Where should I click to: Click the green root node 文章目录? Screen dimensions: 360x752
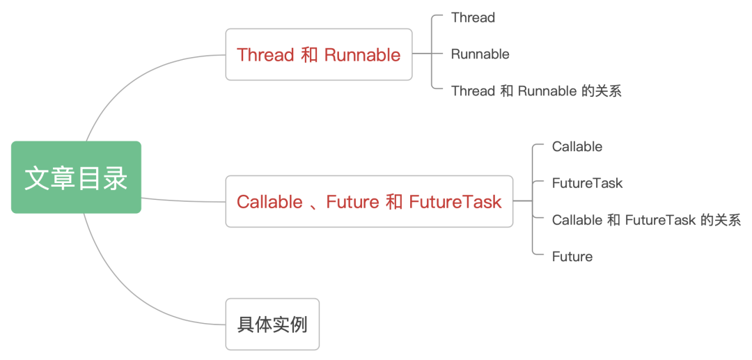click(x=76, y=178)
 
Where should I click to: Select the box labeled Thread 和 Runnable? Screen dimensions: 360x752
click(x=318, y=54)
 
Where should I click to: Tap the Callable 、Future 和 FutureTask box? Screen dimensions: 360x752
click(x=369, y=201)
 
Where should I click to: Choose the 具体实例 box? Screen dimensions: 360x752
click(x=272, y=324)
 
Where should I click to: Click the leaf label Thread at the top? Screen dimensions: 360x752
click(x=473, y=17)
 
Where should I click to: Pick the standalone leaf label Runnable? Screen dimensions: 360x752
click(x=480, y=54)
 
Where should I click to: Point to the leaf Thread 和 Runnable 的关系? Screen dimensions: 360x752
click(x=535, y=91)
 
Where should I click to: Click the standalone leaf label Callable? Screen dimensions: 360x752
click(x=577, y=146)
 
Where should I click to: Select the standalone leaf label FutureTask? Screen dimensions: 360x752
click(x=587, y=183)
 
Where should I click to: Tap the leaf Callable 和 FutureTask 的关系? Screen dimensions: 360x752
click(x=645, y=220)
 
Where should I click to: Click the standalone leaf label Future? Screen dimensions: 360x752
click(x=572, y=256)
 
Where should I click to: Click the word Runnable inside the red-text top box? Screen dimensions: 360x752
click(x=362, y=55)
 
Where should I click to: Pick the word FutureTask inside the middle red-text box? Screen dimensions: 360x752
click(x=455, y=202)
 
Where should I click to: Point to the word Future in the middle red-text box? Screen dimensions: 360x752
click(x=352, y=202)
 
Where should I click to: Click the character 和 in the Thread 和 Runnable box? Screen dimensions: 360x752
click(x=309, y=55)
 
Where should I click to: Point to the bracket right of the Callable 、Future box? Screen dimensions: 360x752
click(x=533, y=201)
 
